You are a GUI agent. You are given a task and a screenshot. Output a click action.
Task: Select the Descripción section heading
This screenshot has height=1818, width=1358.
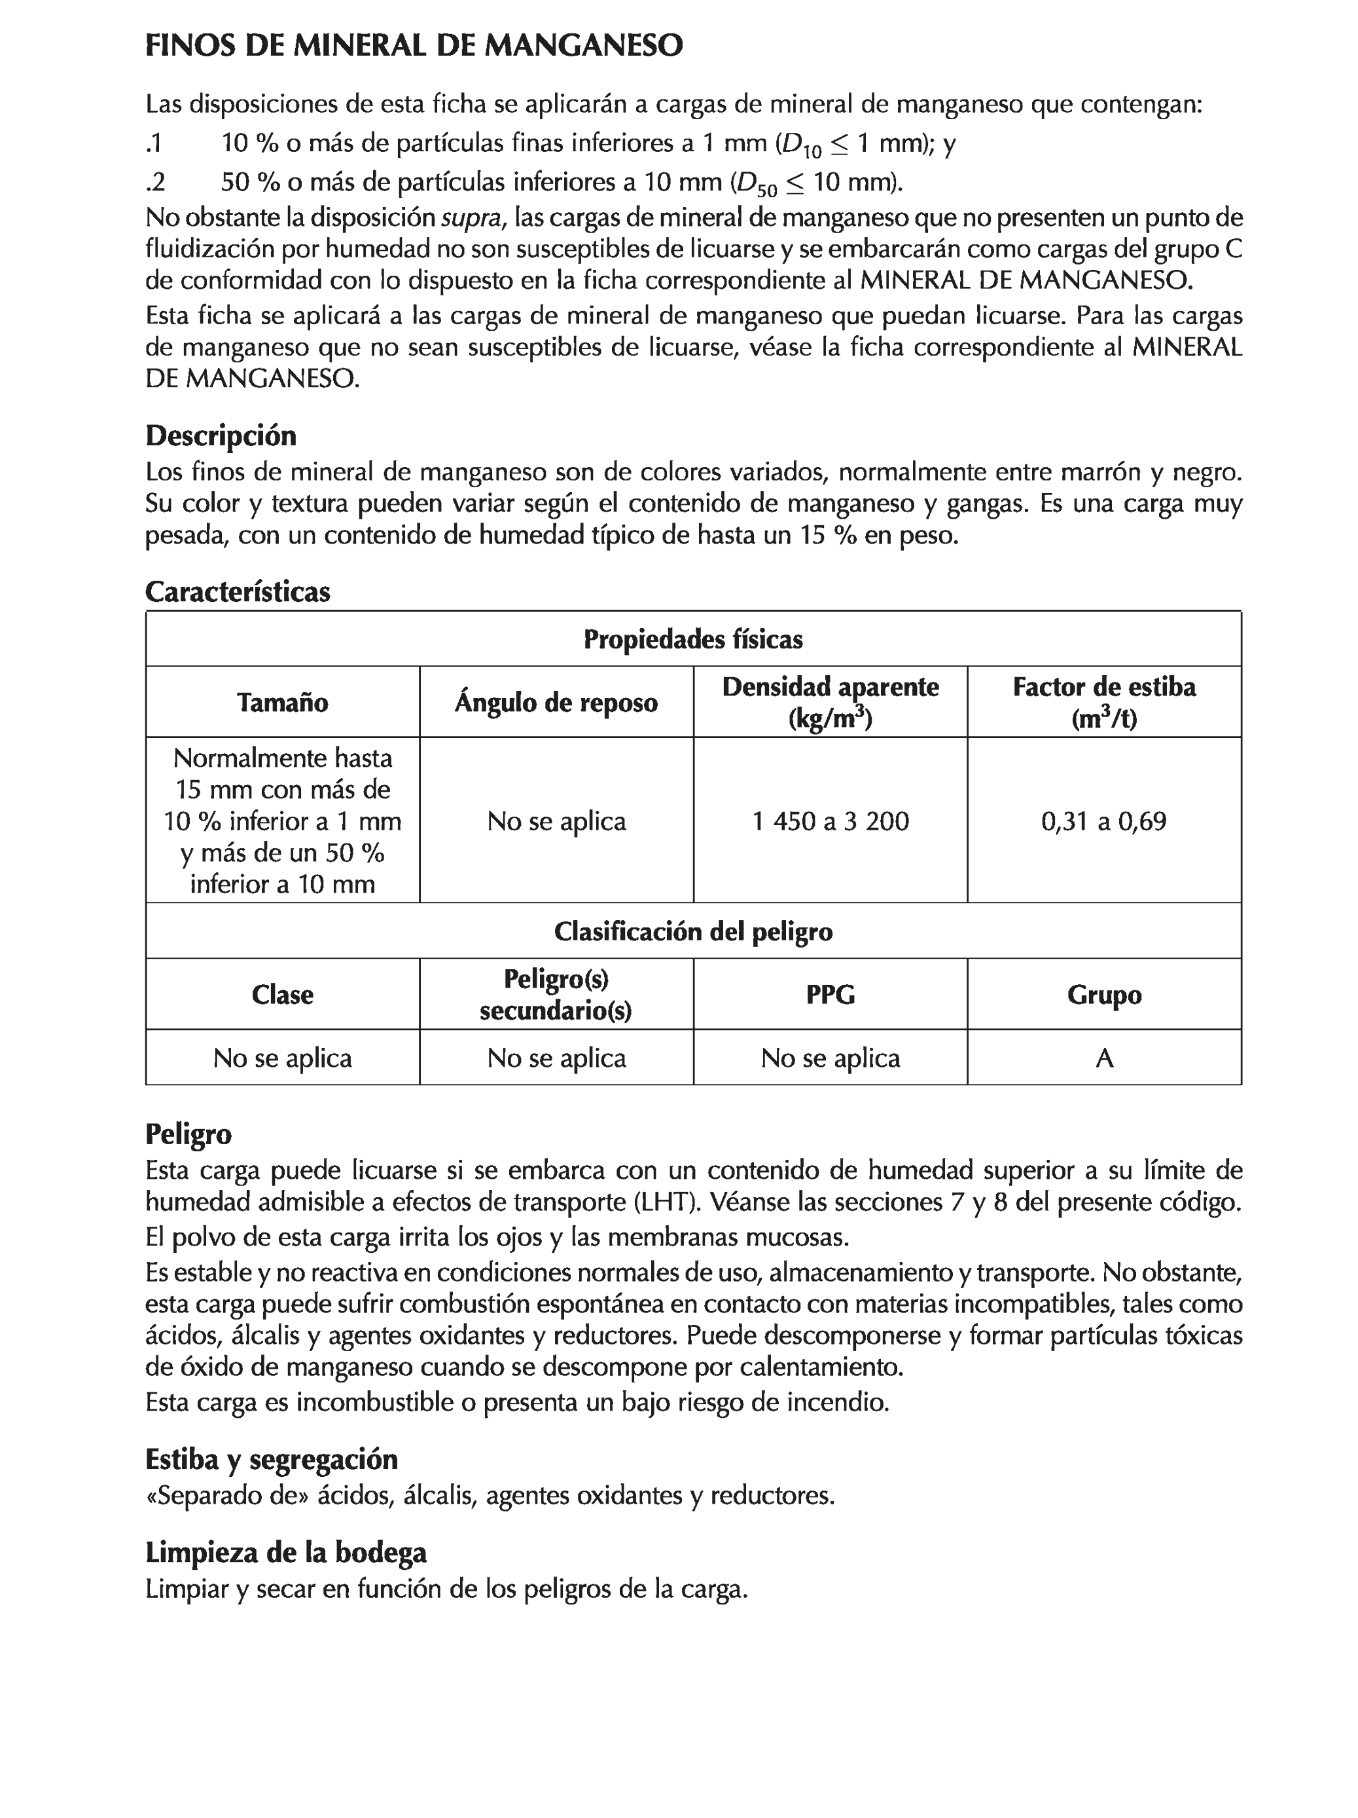(x=220, y=435)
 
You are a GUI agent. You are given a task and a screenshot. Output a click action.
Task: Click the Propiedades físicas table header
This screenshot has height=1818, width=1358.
(x=692, y=639)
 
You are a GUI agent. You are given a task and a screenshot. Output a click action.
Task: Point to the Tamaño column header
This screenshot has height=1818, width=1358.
(x=283, y=702)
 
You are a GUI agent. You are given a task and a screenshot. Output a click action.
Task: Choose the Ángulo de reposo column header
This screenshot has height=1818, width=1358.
(x=556, y=702)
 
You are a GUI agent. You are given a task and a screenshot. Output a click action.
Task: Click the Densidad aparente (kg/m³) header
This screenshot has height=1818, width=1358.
(x=830, y=702)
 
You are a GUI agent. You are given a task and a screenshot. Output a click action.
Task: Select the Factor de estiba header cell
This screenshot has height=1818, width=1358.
(x=1103, y=702)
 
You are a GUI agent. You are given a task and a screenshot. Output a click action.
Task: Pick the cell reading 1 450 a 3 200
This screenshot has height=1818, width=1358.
(x=830, y=820)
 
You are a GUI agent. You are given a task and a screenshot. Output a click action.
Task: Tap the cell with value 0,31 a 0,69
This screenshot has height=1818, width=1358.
(x=1103, y=820)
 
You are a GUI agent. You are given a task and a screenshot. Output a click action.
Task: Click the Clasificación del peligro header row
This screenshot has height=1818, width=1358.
(x=692, y=931)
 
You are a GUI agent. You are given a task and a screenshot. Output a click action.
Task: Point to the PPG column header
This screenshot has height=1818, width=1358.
(x=830, y=995)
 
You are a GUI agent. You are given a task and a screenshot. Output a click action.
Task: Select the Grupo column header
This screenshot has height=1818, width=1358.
(x=1103, y=995)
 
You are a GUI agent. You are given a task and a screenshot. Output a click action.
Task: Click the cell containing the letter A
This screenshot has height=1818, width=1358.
(x=1103, y=1058)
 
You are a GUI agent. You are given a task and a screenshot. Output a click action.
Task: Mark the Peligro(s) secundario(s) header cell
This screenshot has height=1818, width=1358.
(x=556, y=995)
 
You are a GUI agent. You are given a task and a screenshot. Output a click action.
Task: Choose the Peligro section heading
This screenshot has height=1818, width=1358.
(x=188, y=1134)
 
